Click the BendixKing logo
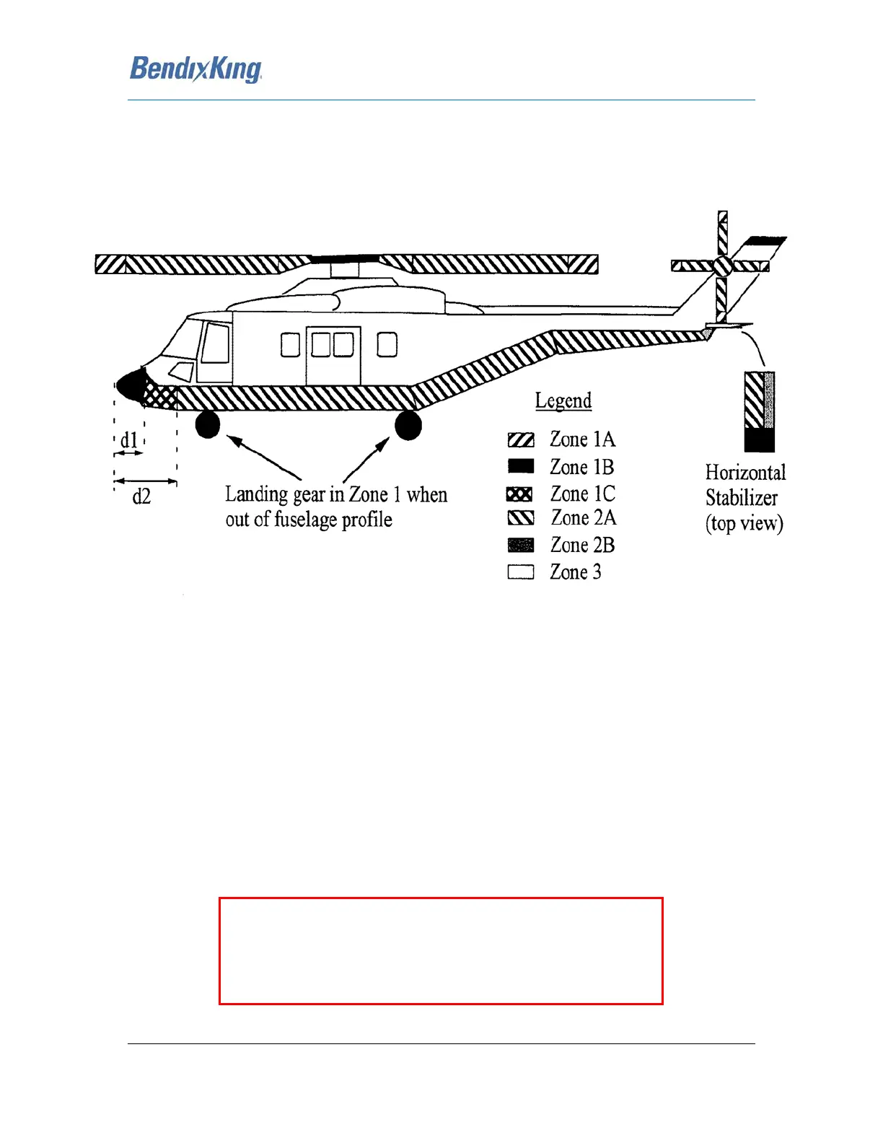click(196, 69)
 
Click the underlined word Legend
click(563, 400)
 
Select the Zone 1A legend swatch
click(521, 440)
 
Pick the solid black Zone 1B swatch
click(521, 466)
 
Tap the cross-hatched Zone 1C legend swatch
click(520, 494)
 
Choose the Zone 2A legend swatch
click(521, 518)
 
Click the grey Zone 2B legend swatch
click(521, 545)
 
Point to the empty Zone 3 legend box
click(521, 572)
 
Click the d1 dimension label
click(129, 439)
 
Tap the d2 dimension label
click(141, 496)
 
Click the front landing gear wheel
click(208, 424)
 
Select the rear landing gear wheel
click(408, 425)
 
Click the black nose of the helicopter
click(131, 385)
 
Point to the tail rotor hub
click(723, 266)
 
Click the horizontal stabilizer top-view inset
click(760, 411)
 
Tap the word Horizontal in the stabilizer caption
click(745, 473)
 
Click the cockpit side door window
click(215, 343)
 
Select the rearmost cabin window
click(387, 345)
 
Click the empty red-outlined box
click(441, 951)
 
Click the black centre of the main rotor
click(345, 258)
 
